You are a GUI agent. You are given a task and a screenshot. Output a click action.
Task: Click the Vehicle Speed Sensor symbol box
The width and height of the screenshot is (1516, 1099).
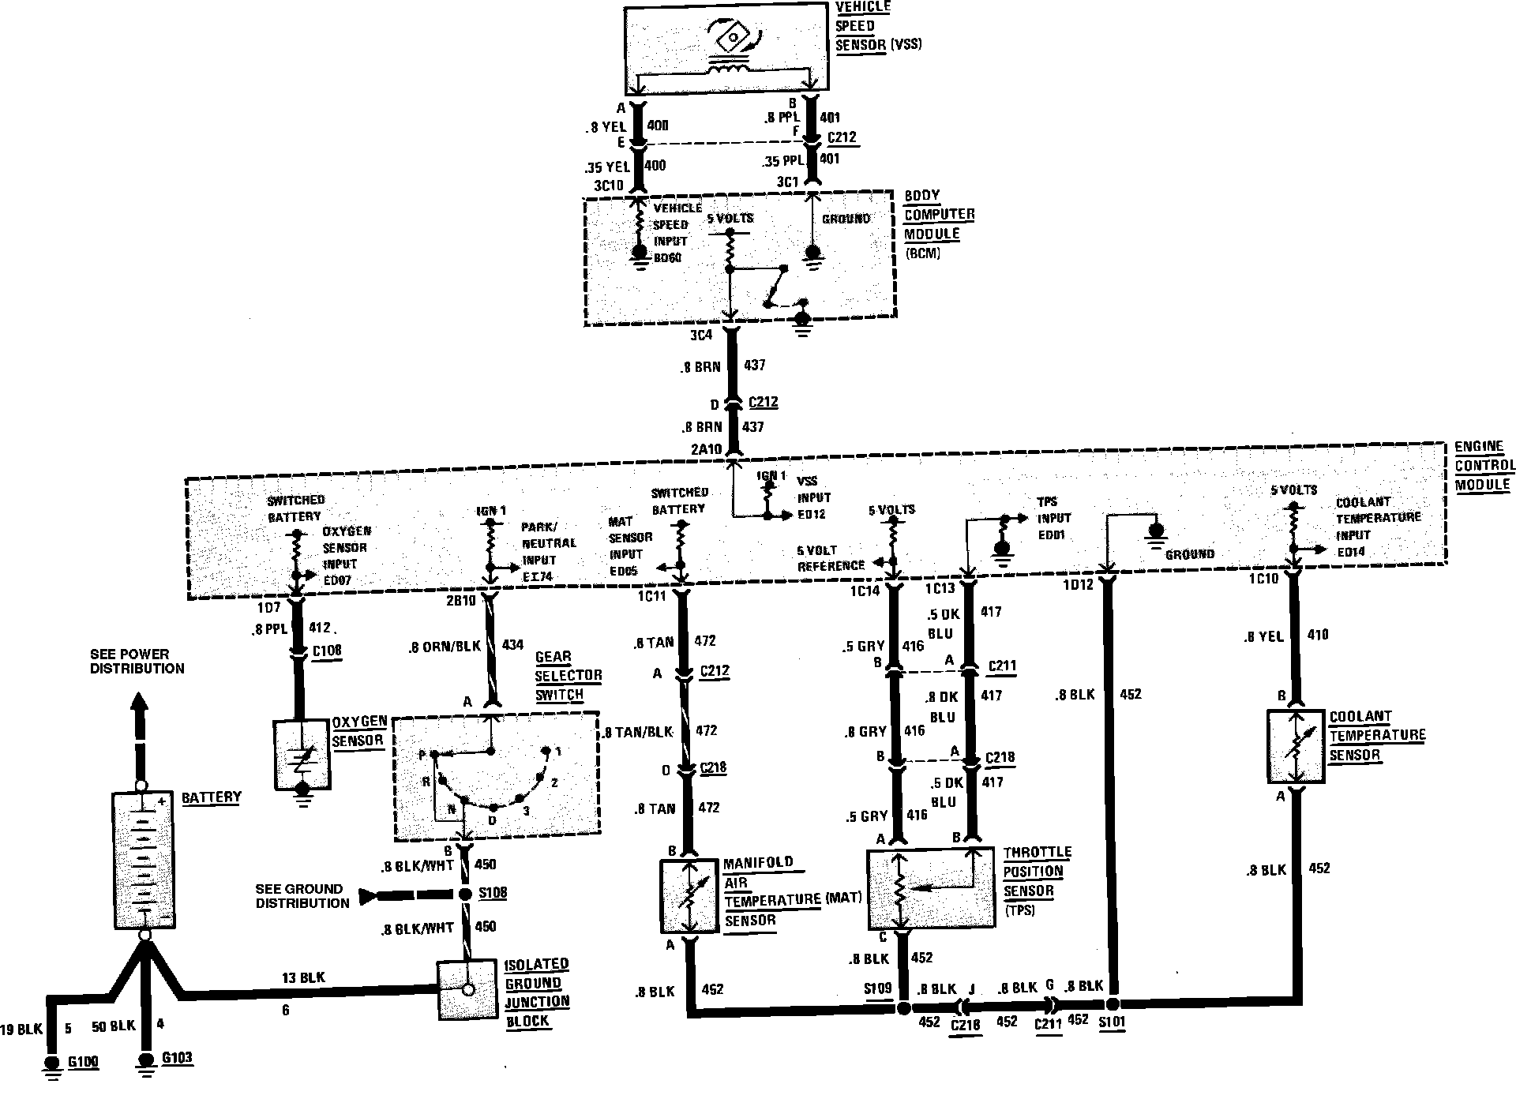tap(726, 49)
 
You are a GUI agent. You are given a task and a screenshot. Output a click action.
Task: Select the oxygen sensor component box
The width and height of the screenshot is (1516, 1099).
tap(302, 754)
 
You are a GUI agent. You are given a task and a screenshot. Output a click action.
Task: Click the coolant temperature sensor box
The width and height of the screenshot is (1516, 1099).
tap(1296, 746)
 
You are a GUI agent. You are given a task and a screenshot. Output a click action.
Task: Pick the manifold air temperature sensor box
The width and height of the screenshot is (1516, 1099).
tap(689, 896)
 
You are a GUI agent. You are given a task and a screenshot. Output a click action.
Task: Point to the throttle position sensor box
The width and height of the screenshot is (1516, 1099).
tap(930, 889)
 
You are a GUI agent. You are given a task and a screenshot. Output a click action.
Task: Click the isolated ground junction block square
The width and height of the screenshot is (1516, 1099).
tap(468, 988)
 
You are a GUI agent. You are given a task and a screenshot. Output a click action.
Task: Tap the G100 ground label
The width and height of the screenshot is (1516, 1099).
tap(83, 1062)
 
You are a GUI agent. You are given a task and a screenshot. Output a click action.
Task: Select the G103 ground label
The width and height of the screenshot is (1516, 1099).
tap(177, 1058)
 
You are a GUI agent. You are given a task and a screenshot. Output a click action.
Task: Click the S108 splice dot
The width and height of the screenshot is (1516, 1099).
tap(466, 895)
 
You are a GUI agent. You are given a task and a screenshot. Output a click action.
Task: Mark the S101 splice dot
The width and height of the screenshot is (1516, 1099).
tap(1113, 1004)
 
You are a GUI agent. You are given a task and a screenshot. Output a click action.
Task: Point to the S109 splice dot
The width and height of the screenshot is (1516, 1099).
tap(904, 1007)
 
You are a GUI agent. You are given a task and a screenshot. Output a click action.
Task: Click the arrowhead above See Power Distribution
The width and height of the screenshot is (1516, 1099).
tap(139, 703)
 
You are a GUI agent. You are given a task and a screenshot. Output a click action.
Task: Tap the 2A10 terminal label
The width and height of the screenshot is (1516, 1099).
tap(707, 449)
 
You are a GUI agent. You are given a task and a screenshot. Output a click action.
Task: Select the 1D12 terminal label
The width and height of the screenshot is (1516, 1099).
tap(1078, 585)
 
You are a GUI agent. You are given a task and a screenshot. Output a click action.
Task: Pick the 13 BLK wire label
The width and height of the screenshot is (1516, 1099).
tap(304, 978)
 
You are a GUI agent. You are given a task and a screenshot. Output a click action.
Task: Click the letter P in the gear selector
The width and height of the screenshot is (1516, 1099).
tap(422, 756)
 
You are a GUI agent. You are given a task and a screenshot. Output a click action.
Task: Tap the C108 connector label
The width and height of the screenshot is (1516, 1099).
tap(327, 651)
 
